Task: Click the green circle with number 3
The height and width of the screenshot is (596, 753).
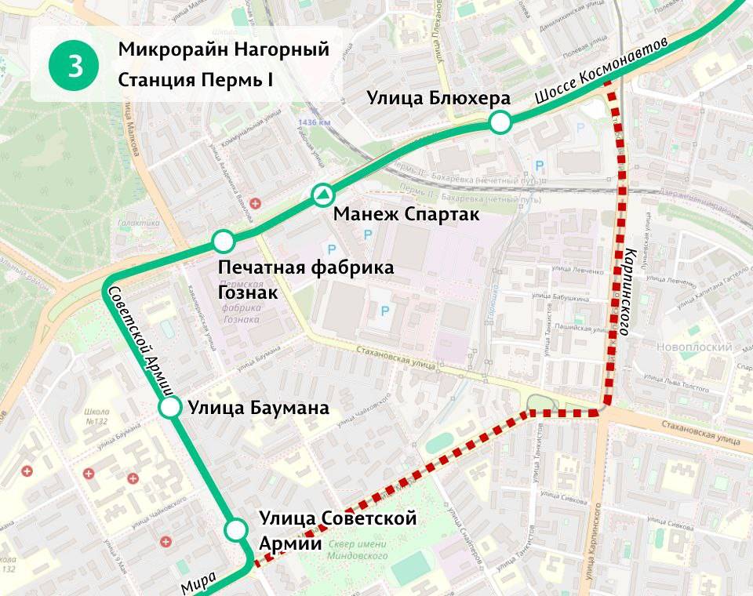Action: (x=75, y=66)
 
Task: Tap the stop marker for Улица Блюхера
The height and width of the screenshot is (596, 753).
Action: (x=500, y=122)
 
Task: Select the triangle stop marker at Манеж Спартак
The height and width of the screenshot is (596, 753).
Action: (x=323, y=194)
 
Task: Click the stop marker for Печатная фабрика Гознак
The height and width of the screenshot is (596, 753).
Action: (x=224, y=241)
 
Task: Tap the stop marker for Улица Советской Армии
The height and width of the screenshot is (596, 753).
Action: (x=235, y=531)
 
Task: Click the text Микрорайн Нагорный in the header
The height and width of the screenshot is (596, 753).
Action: (x=223, y=49)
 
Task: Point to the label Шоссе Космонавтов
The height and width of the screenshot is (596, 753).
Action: (x=602, y=70)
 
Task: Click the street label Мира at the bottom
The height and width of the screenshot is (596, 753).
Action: (x=198, y=581)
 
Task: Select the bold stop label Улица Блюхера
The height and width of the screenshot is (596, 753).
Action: (x=439, y=98)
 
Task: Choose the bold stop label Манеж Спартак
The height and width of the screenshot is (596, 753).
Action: (x=406, y=214)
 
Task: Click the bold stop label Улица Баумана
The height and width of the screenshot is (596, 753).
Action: (x=258, y=408)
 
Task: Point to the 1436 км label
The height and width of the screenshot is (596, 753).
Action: (x=315, y=123)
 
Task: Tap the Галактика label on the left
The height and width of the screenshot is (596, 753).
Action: (x=139, y=223)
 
